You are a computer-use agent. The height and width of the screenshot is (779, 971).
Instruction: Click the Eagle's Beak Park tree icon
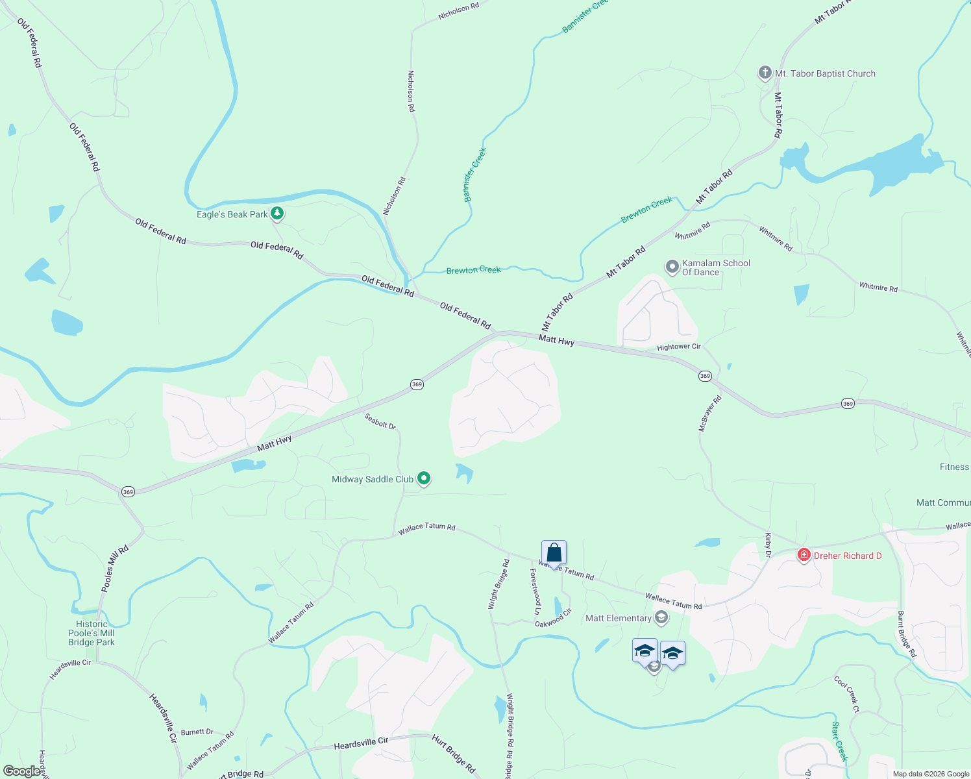[x=277, y=213]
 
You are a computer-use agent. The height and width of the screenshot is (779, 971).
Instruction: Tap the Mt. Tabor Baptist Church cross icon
[x=765, y=73]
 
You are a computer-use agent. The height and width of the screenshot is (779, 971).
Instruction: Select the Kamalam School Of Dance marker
[x=672, y=266]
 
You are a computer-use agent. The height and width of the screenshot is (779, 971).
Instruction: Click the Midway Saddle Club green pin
[x=424, y=479]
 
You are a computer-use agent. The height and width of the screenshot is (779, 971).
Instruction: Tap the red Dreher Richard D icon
[x=804, y=555]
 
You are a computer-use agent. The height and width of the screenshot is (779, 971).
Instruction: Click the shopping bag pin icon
[x=554, y=553]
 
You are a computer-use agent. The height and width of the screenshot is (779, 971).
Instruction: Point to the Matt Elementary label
[x=618, y=618]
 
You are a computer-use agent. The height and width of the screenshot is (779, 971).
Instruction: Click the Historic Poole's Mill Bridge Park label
[x=92, y=633]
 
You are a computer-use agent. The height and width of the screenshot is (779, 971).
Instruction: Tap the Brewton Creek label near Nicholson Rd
[x=473, y=270]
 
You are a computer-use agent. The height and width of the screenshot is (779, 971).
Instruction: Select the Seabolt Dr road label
[x=380, y=422]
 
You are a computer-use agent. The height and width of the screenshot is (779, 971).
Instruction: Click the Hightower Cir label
[x=678, y=347]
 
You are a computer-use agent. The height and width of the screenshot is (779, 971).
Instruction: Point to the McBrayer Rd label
[x=709, y=414]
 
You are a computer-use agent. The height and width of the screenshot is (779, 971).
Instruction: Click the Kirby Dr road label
[x=768, y=545]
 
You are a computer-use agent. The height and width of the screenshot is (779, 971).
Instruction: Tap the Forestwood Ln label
[x=535, y=591]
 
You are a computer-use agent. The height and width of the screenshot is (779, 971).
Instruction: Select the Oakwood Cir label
[x=553, y=618]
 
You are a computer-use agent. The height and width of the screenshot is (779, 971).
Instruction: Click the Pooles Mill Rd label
[x=115, y=569]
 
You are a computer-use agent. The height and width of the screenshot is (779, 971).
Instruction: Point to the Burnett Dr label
[x=197, y=732]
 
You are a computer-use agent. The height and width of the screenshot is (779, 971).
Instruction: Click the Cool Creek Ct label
[x=846, y=695]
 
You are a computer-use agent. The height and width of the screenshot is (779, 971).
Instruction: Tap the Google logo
[x=22, y=771]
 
